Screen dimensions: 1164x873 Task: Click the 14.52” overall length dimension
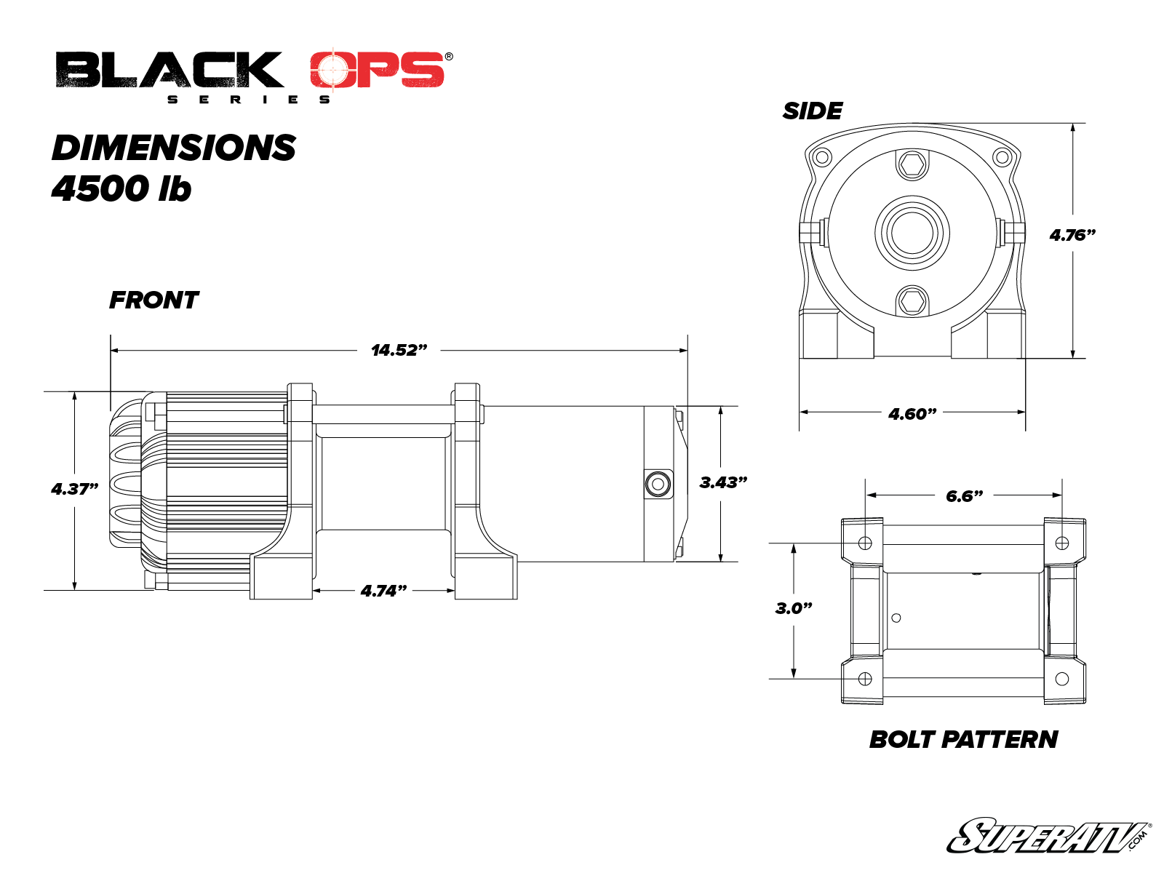coord(399,350)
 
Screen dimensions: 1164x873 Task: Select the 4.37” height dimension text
coord(75,488)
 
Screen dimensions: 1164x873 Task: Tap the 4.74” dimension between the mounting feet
coord(383,591)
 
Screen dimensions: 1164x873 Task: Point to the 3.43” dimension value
coord(723,482)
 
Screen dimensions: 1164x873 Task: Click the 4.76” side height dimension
coord(1072,235)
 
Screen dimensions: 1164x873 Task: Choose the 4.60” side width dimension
coord(912,413)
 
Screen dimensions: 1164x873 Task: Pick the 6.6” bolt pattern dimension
coord(964,495)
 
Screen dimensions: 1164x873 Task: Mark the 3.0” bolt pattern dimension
coord(793,608)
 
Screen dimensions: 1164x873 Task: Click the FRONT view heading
coord(154,300)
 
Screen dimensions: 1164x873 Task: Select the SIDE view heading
coord(813,111)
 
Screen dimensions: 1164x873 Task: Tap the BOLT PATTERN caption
coord(963,739)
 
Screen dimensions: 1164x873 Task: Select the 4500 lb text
coord(121,188)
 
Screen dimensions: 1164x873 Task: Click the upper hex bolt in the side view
coord(912,164)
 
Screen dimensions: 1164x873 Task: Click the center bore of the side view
coord(912,234)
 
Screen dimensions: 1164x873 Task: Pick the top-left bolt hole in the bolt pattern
coord(865,543)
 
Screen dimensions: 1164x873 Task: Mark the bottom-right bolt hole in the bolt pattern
coord(1061,679)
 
